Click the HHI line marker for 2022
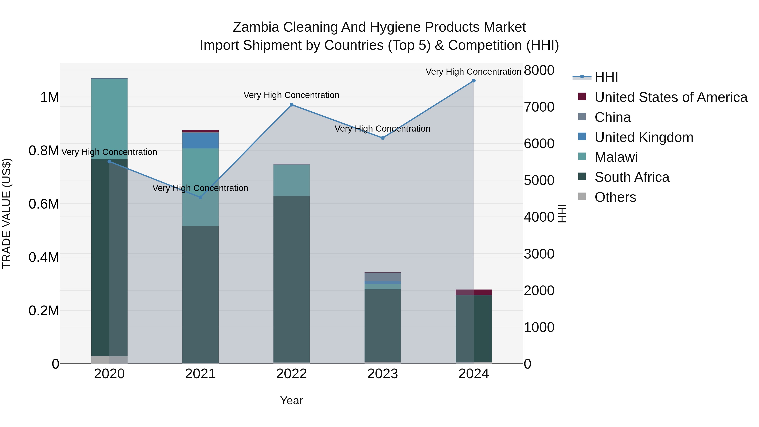[x=291, y=105]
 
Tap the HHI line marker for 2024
[x=474, y=81]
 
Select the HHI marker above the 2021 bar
[x=200, y=197]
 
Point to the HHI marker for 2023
[x=382, y=138]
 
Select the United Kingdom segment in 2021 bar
[x=200, y=141]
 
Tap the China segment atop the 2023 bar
[x=382, y=277]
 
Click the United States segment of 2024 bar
[x=474, y=292]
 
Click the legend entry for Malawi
[x=616, y=157]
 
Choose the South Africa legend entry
[x=632, y=177]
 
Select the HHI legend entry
[x=606, y=77]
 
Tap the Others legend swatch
[x=582, y=197]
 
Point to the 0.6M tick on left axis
[x=44, y=204]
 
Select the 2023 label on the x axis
[x=382, y=374]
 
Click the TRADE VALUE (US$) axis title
[x=7, y=213]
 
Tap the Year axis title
[x=291, y=400]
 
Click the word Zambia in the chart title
[x=256, y=27]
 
